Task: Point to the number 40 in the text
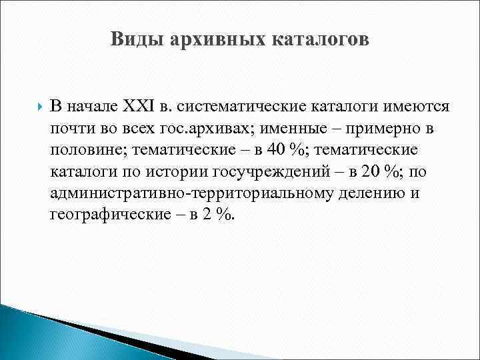pos(277,150)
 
